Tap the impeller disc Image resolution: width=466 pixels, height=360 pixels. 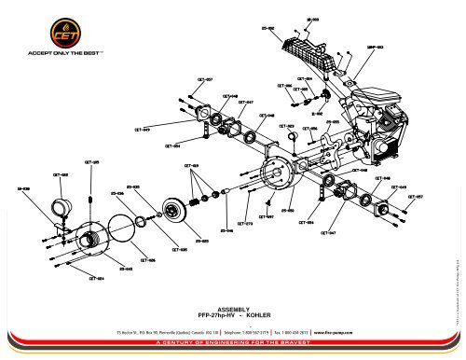(172, 210)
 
